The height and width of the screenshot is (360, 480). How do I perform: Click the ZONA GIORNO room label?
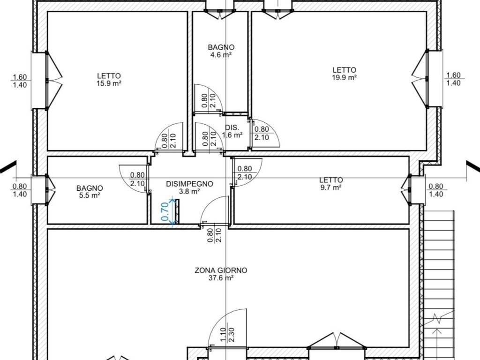(221, 270)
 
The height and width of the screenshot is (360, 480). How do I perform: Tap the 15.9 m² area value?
(109, 83)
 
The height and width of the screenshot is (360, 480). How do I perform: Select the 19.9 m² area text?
(345, 77)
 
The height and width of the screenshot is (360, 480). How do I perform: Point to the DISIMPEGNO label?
(189, 184)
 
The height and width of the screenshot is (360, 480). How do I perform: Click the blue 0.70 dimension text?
(165, 212)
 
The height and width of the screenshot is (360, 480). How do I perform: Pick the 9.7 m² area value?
(331, 187)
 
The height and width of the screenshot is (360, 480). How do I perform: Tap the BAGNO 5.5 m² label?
(90, 192)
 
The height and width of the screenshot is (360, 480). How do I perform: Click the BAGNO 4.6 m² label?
(221, 51)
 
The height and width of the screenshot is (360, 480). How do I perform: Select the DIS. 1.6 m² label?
(232, 131)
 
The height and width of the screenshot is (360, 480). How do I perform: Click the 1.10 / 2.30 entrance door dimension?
(227, 335)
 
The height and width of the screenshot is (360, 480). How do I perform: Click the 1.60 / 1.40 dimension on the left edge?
(20, 81)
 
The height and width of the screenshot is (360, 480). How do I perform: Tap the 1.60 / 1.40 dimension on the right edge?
(453, 79)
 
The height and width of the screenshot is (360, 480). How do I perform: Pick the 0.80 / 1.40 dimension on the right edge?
(435, 190)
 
